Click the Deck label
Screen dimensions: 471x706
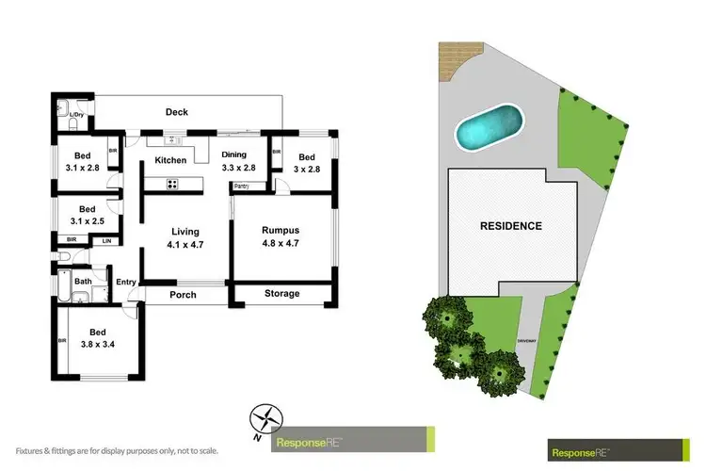177,112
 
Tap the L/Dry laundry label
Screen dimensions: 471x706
77,115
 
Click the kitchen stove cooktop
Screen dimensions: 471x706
174,185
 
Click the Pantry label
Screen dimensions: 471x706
242,187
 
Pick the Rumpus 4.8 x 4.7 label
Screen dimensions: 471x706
281,237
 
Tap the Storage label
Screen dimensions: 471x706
281,294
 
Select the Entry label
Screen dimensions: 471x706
126,282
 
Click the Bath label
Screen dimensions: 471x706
83,281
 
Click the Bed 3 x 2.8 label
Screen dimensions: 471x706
306,164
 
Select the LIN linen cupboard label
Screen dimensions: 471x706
106,241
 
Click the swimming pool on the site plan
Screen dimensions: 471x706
489,127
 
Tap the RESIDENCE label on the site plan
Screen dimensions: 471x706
511,226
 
